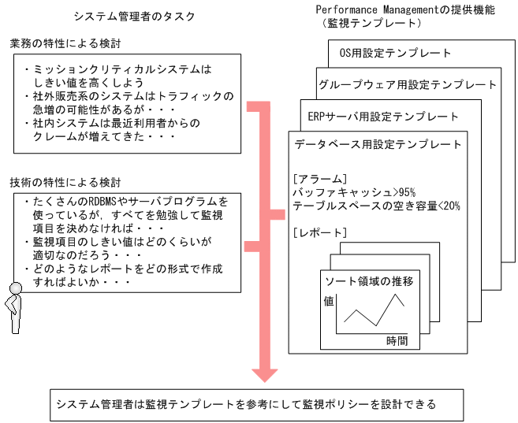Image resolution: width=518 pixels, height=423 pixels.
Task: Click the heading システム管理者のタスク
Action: [x=134, y=16]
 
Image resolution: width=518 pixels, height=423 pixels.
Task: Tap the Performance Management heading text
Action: [x=405, y=9]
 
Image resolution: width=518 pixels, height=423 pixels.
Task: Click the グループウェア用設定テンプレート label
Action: [x=408, y=84]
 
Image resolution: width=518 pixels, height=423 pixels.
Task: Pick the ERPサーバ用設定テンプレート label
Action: [x=383, y=116]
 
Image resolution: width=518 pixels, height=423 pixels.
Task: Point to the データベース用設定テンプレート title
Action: [x=378, y=145]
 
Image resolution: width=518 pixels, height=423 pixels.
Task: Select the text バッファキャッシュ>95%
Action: [x=348, y=191]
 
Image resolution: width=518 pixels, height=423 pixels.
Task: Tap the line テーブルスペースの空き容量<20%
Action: [x=375, y=205]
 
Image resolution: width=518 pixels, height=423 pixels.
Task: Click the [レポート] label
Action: [x=318, y=232]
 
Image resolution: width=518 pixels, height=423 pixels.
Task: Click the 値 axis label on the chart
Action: [x=328, y=301]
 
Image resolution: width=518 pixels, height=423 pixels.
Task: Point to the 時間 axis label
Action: [x=397, y=340]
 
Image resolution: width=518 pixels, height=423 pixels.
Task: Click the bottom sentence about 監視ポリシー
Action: [x=244, y=404]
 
